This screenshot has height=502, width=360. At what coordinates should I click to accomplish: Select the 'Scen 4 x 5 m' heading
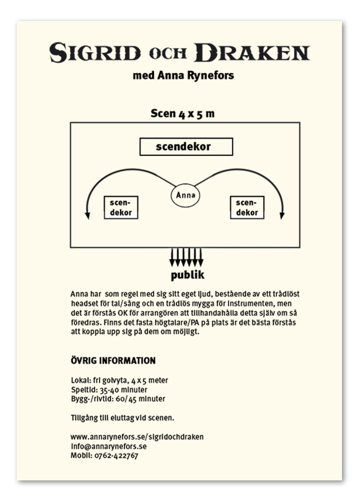[182, 114]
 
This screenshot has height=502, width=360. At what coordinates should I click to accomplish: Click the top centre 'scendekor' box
[186, 146]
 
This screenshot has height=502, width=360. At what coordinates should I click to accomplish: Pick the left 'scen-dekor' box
[121, 208]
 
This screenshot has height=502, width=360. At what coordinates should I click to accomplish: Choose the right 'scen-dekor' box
[247, 208]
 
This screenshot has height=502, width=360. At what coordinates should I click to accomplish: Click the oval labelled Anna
[186, 196]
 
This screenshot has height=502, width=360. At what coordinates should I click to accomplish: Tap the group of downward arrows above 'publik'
[186, 257]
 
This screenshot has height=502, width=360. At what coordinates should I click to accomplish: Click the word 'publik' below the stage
[187, 276]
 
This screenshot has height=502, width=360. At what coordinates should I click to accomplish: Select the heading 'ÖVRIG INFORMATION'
[113, 360]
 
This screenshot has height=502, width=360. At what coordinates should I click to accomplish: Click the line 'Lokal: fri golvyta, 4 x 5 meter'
[119, 380]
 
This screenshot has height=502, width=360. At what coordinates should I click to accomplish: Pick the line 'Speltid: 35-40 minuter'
[109, 389]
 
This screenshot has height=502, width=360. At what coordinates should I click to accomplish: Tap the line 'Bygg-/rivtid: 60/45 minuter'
[118, 398]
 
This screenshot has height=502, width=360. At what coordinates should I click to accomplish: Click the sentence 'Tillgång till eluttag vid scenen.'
[122, 417]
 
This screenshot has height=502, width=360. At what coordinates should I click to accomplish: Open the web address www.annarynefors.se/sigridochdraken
[137, 437]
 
